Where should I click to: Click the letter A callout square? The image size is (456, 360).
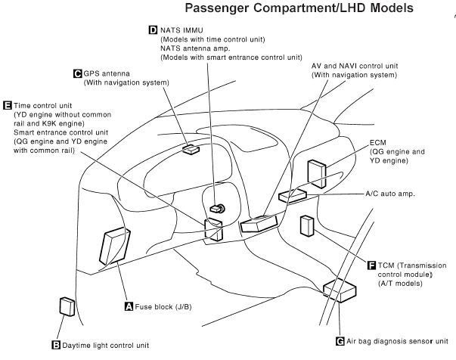click(x=129, y=306)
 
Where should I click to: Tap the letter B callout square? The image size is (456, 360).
click(x=55, y=345)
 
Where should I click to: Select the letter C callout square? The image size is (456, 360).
click(x=77, y=73)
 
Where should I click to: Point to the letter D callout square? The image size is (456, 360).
click(x=153, y=30)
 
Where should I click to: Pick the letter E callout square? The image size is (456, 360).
click(x=8, y=106)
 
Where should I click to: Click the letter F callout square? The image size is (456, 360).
click(x=371, y=265)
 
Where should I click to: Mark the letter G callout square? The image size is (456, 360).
click(x=340, y=341)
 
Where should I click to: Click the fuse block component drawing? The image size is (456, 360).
click(x=114, y=247)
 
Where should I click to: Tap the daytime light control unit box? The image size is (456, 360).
click(x=67, y=306)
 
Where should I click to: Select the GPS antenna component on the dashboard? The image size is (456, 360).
click(x=190, y=150)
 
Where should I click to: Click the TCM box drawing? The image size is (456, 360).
click(x=308, y=227)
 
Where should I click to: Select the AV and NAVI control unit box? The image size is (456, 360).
click(x=258, y=224)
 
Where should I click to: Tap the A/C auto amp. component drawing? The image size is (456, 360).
click(x=293, y=195)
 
